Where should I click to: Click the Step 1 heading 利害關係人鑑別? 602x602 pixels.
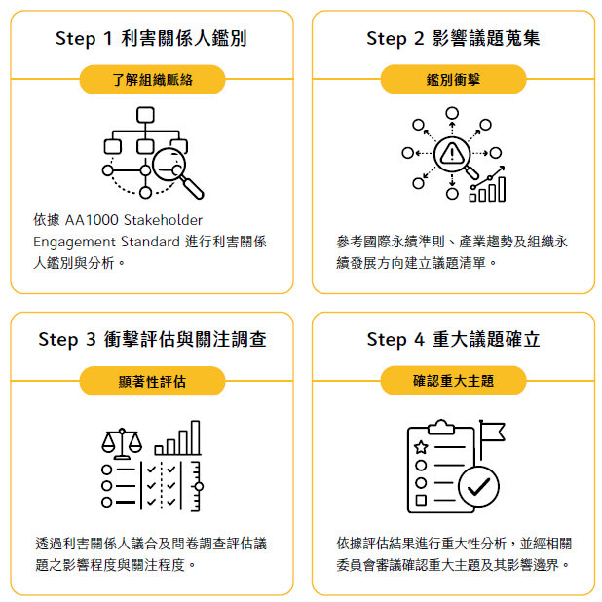[x=183, y=38]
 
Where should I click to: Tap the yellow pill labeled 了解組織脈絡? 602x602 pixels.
[x=152, y=80]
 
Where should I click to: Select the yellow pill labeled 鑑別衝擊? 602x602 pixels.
[x=453, y=79]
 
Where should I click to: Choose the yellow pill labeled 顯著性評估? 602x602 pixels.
[x=152, y=381]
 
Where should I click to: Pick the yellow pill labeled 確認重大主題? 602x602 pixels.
[x=453, y=381]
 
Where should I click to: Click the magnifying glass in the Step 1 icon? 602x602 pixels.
[x=176, y=172]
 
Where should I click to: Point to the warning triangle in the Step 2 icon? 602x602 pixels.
[x=452, y=154]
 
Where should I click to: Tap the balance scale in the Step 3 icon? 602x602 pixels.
[x=122, y=443]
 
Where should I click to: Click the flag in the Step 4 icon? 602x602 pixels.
[x=491, y=438]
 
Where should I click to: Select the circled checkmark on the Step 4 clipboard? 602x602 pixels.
[x=478, y=486]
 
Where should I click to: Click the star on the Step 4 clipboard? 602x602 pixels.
[x=421, y=447]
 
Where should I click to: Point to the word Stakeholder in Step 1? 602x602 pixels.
[x=164, y=220]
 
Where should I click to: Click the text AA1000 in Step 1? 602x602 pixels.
[x=92, y=220]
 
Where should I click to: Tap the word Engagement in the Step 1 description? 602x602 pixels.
[x=74, y=243]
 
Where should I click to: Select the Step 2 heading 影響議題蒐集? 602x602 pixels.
[x=486, y=38]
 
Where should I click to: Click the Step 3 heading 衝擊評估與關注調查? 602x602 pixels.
[x=185, y=339]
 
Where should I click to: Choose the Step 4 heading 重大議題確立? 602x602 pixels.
[x=486, y=339]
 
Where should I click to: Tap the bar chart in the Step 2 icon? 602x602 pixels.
[x=487, y=184]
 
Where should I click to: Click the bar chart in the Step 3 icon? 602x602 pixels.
[x=177, y=437]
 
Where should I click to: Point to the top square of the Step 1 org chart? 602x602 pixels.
[x=145, y=115]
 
